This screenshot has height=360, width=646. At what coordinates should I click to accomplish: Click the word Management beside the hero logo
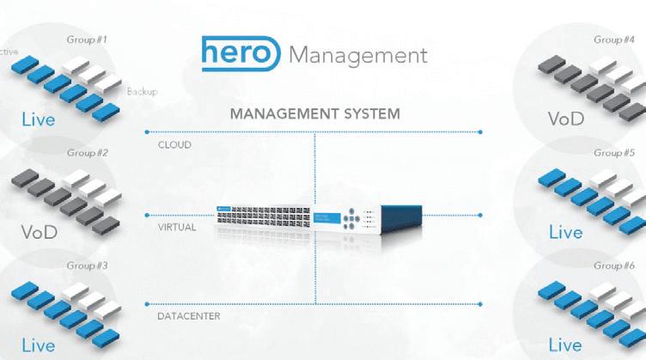(x=357, y=55)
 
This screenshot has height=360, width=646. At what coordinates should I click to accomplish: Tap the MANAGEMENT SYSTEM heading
(x=314, y=113)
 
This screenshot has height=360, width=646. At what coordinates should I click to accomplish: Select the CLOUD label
(x=174, y=145)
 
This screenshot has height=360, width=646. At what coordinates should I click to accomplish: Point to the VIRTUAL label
(x=177, y=228)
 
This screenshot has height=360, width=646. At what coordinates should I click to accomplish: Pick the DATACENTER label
(x=188, y=316)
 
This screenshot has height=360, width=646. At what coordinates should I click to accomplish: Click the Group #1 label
(x=87, y=40)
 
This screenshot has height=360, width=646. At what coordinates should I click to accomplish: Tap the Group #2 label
(x=87, y=153)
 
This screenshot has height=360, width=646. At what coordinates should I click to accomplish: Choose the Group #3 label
(x=87, y=265)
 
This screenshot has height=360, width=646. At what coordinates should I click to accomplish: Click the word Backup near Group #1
(x=142, y=91)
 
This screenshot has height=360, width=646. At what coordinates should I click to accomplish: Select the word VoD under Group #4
(x=565, y=118)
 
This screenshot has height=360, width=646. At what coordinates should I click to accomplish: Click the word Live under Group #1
(x=39, y=119)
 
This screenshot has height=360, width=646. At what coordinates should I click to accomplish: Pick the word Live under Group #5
(x=565, y=232)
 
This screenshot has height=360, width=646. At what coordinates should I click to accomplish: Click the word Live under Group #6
(x=565, y=345)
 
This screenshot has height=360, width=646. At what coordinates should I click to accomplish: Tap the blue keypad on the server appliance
(x=350, y=219)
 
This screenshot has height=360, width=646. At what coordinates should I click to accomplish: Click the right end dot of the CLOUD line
(x=480, y=132)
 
